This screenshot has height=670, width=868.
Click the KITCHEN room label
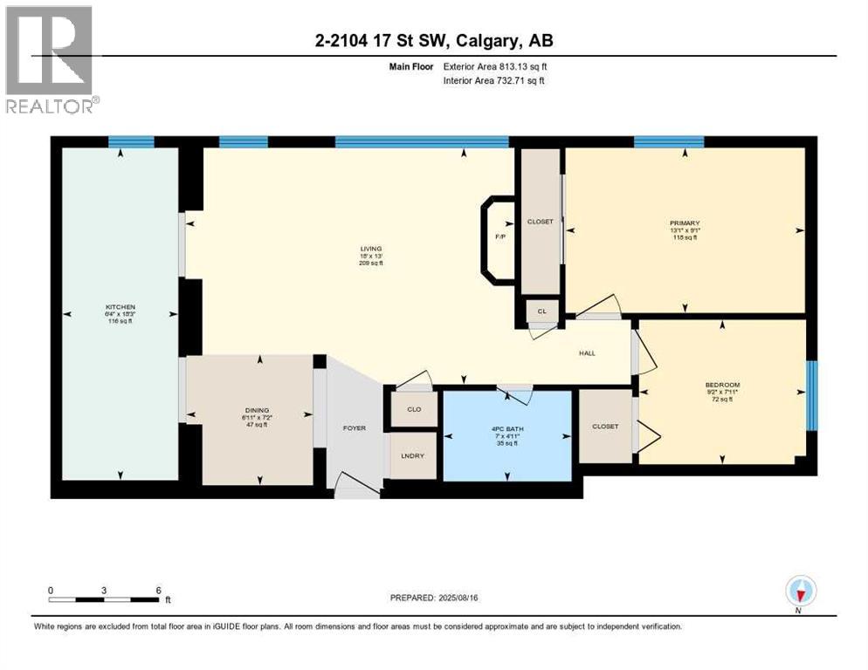120,308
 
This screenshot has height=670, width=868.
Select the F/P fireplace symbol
500,237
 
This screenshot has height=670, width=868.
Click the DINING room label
257,410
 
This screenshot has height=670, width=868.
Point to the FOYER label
355,428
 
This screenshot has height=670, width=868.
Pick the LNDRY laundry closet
413,455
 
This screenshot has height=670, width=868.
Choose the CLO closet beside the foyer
414,409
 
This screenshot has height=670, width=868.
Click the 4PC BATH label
506,427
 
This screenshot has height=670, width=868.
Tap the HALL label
588,353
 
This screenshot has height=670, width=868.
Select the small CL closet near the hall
541,311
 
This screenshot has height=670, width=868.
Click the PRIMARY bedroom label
686,223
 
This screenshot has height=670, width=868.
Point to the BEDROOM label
723,386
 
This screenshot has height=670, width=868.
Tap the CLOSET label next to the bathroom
604,427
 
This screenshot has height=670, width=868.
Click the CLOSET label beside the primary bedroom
540,222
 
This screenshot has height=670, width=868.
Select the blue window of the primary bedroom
669,142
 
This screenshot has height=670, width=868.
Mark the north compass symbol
800,592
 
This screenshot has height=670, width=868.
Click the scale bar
105,598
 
